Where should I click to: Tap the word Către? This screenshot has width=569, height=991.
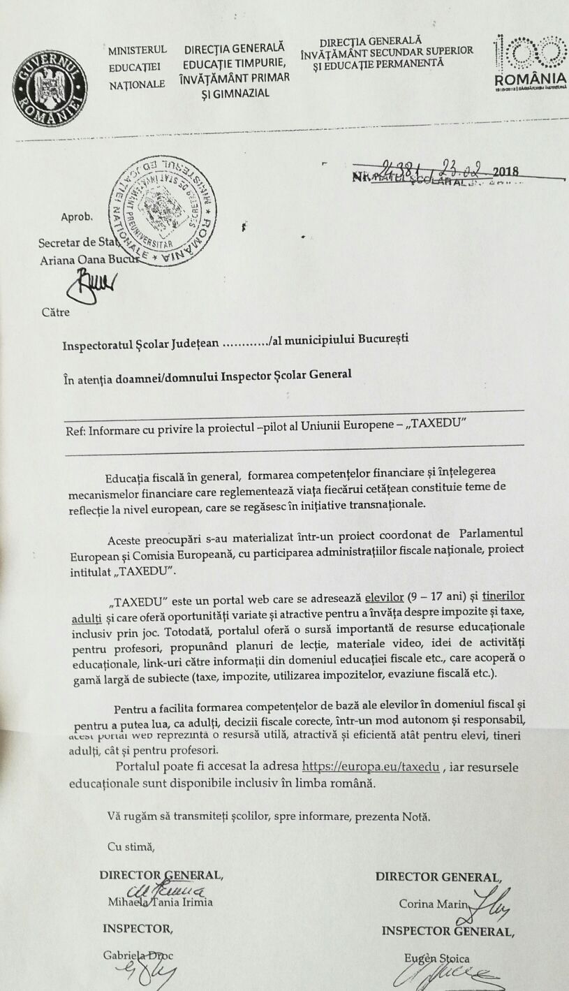point(55,311)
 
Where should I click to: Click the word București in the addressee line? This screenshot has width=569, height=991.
point(383,340)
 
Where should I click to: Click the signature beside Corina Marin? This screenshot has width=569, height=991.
point(493,901)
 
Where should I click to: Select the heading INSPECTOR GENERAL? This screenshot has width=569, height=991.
point(448,931)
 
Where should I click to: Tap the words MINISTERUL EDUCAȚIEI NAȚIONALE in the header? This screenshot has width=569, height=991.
point(138,67)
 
